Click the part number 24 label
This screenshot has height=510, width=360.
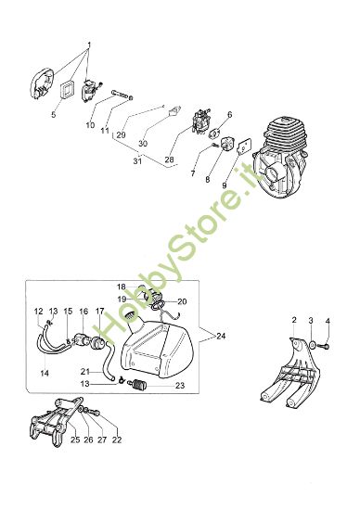tap(221, 336)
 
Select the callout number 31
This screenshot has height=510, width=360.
tap(137, 160)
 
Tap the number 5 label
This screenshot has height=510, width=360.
tap(54, 114)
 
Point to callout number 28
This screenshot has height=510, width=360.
tap(169, 159)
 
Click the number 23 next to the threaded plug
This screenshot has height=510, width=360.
tap(180, 386)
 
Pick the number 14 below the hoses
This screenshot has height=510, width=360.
tap(45, 374)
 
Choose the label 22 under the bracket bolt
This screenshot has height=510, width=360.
tap(117, 440)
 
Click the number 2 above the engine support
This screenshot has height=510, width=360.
tap(294, 320)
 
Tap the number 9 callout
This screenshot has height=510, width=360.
tap(225, 185)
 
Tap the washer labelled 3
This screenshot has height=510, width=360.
tap(312, 344)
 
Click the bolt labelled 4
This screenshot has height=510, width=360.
tap(325, 346)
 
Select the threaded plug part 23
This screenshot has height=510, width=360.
tap(138, 386)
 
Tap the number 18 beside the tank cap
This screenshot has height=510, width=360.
tap(122, 287)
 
